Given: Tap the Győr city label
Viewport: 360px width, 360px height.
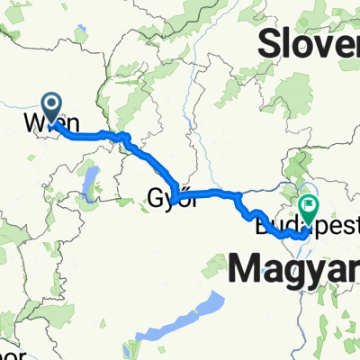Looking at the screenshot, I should (x=170, y=197).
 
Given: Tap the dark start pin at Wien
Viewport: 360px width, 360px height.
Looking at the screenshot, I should (x=51, y=108).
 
